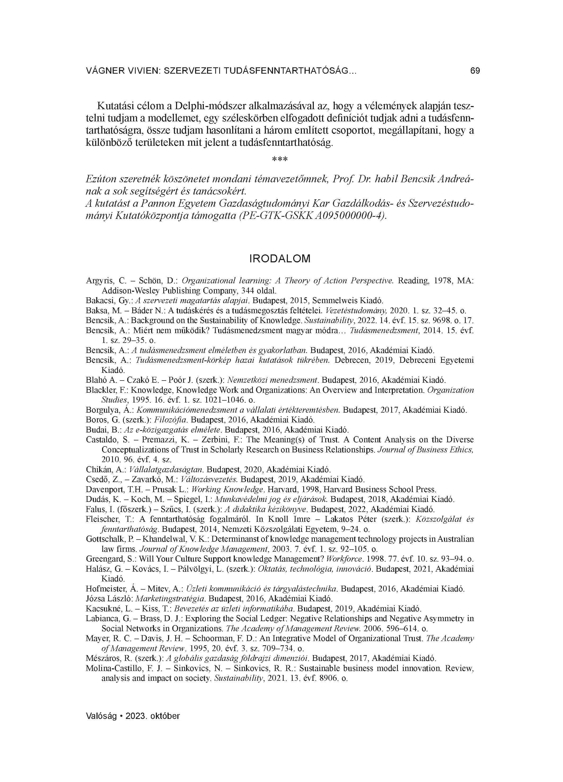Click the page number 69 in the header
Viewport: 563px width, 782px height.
click(x=475, y=71)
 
